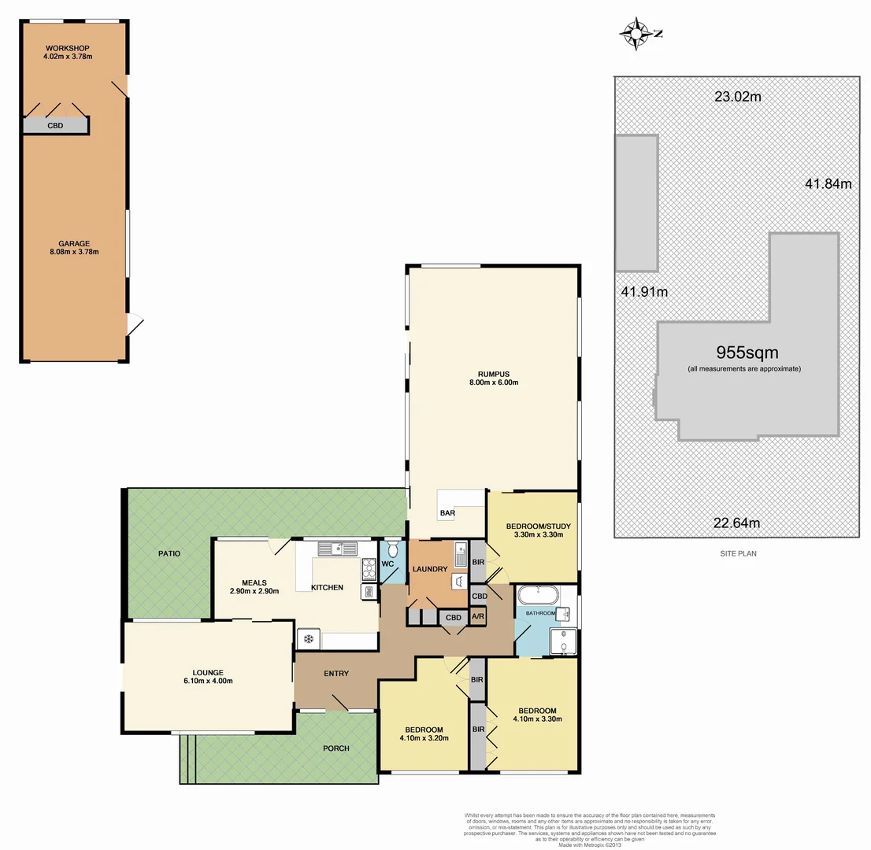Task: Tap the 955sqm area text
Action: [747, 353]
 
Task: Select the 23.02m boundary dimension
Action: [737, 98]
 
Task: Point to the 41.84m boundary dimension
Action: [828, 184]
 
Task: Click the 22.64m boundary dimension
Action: [736, 523]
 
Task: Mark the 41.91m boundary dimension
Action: [643, 292]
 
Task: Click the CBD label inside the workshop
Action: [55, 125]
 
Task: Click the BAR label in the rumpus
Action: [447, 513]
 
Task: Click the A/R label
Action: [477, 618]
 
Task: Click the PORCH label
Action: [335, 748]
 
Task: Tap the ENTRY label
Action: [336, 674]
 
